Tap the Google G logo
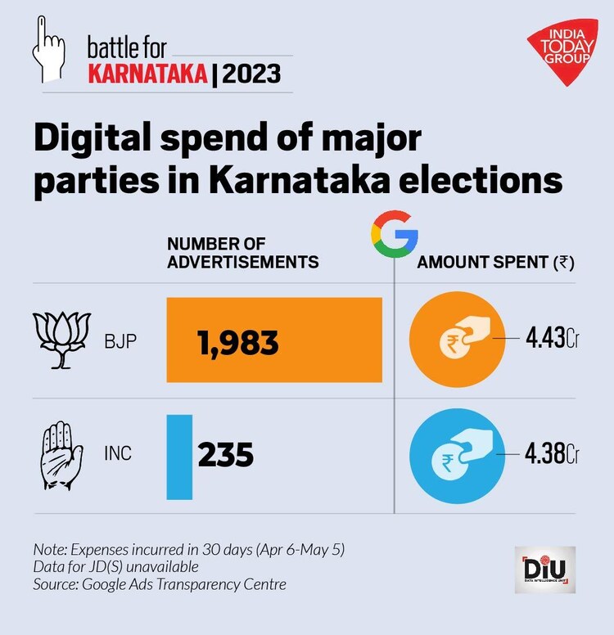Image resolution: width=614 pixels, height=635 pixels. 395,232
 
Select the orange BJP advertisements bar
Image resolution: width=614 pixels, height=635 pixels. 274,340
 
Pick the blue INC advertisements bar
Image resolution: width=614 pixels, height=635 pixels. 179,457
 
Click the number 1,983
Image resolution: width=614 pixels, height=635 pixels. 237,342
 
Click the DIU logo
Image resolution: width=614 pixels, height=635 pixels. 544,570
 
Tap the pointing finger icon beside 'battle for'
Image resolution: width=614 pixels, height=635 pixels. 46,50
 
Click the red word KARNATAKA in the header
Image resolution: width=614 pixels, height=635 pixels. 147,75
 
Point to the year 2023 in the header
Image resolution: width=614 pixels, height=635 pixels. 251,75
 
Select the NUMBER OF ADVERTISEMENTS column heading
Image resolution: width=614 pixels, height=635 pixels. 242,252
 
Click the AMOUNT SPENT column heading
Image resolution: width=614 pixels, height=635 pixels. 494,263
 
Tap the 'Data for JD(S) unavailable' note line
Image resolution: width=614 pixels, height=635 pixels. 116,567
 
